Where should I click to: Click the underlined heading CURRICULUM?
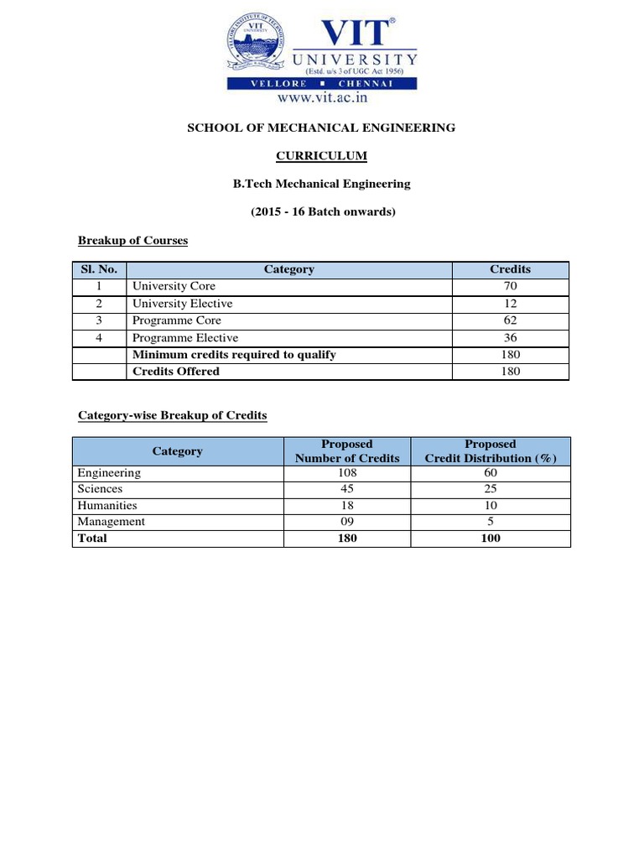click(322, 156)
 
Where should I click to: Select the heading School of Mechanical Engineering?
click(322, 128)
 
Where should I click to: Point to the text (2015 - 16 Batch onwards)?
click(323, 212)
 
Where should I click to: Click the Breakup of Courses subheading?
click(132, 241)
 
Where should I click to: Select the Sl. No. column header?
click(99, 269)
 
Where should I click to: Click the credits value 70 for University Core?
click(510, 286)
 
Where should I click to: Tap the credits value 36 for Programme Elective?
click(510, 338)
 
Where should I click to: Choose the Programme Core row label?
click(174, 320)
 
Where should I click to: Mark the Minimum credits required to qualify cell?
click(234, 355)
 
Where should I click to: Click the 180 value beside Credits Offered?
click(510, 372)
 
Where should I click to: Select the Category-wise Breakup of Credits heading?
click(173, 416)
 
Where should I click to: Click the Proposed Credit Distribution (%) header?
click(491, 451)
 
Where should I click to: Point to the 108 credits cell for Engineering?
click(347, 472)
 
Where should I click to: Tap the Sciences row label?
click(100, 489)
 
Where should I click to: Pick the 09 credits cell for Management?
click(347, 522)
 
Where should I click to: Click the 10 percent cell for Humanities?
click(491, 506)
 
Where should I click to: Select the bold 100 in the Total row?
click(491, 539)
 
